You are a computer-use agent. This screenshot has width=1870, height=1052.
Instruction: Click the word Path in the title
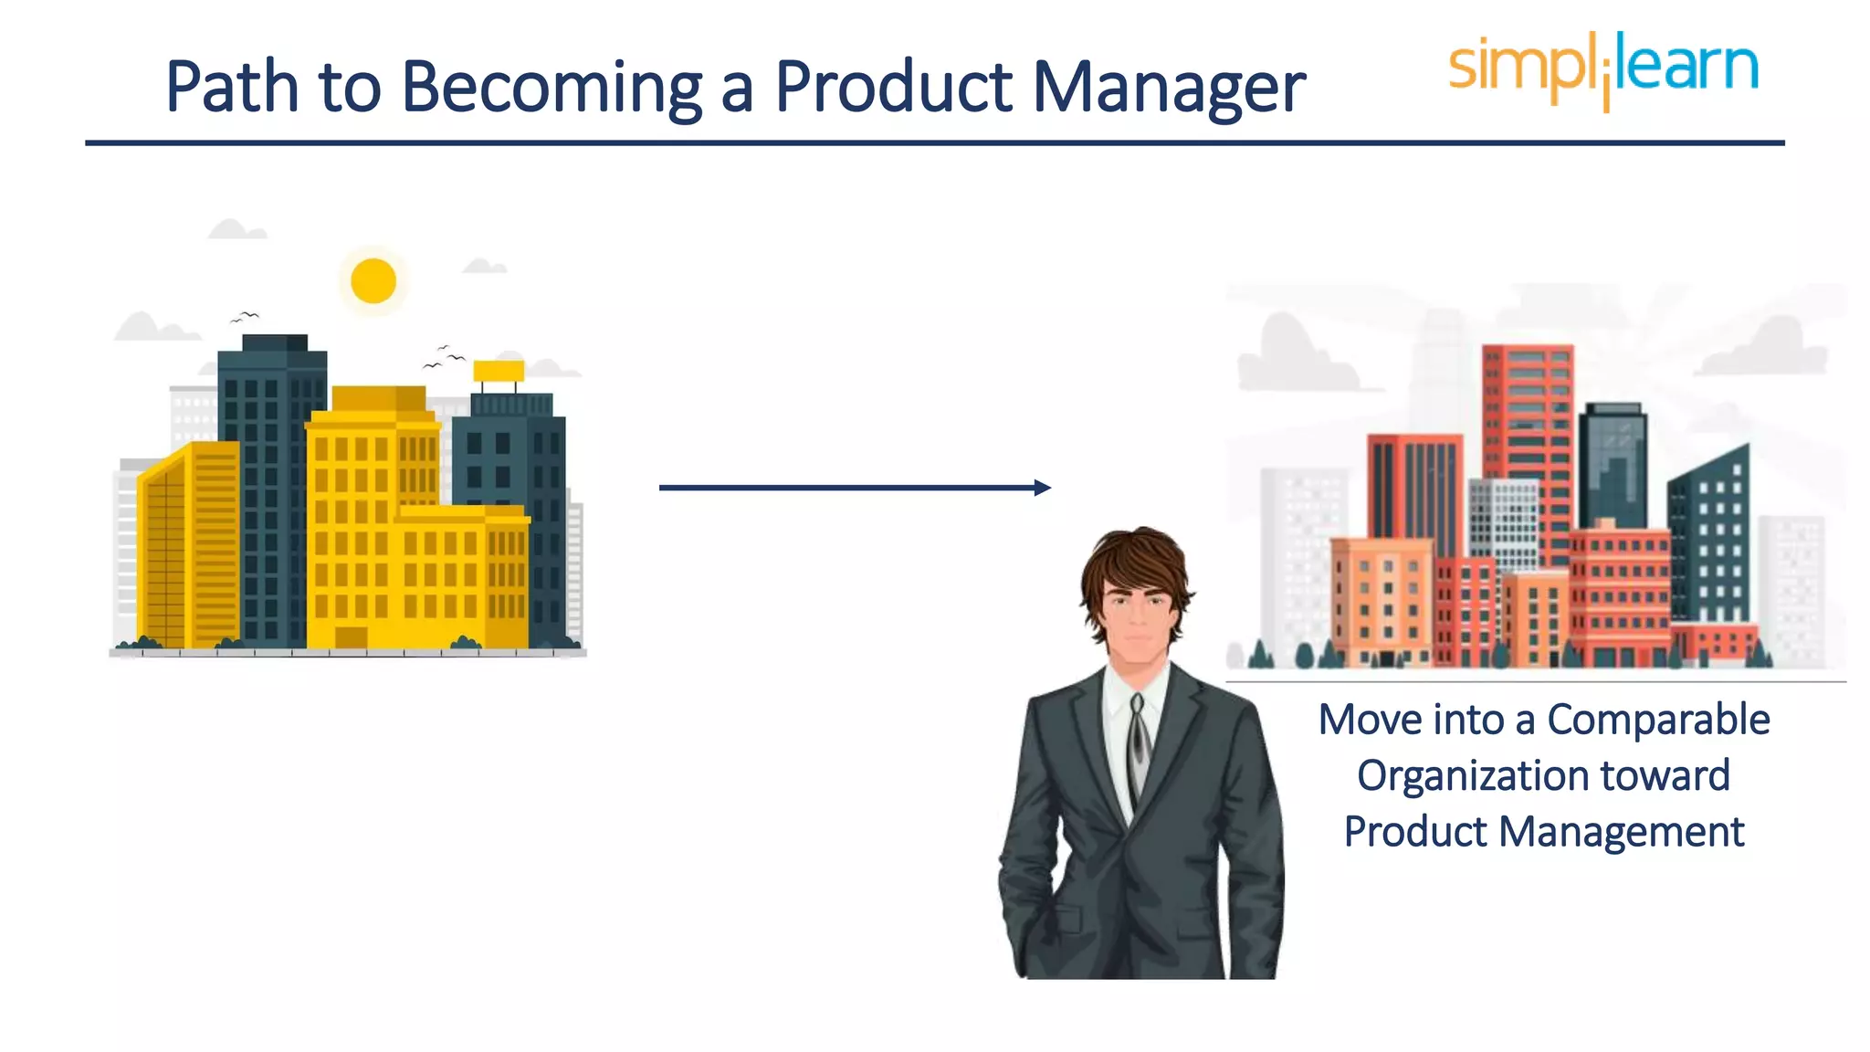[232, 88]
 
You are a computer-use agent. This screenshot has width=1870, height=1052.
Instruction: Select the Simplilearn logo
[1603, 69]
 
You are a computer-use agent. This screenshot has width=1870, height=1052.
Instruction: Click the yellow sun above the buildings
[373, 280]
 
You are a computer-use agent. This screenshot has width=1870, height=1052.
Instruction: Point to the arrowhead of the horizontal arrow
[1043, 488]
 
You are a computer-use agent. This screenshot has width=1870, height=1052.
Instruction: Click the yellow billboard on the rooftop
[499, 371]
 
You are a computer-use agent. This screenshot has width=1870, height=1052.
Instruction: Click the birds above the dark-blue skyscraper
[245, 317]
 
